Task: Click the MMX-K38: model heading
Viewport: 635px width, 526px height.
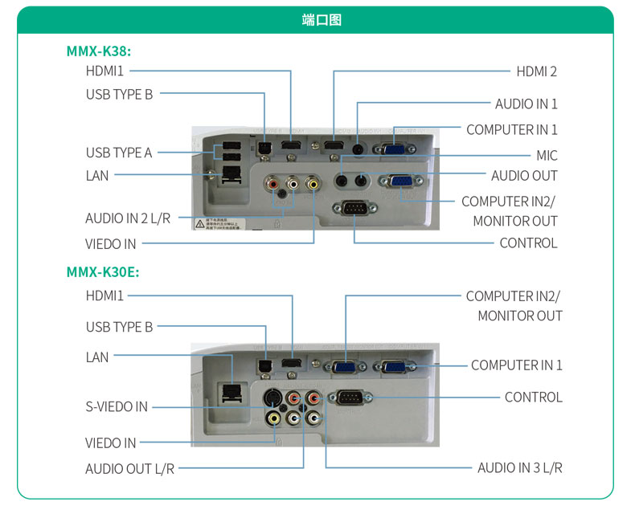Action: (98, 51)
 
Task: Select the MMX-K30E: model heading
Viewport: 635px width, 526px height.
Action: (102, 272)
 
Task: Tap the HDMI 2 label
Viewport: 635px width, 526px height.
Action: (536, 71)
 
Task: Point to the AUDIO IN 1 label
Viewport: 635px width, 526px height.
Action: (526, 104)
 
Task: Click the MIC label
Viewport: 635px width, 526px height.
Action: (547, 156)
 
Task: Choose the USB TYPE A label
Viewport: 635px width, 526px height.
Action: (119, 153)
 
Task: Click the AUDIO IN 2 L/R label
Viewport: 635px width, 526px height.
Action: (128, 218)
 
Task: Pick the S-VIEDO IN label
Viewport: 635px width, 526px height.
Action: (117, 406)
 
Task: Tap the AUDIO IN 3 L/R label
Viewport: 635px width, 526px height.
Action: (519, 467)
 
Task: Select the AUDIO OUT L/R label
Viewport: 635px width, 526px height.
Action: (129, 468)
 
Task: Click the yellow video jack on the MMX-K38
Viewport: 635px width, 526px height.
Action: (313, 185)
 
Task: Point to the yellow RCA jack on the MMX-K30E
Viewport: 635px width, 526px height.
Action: (275, 418)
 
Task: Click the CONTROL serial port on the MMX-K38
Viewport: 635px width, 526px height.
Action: (354, 209)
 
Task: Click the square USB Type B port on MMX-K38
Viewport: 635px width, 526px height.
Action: (264, 147)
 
